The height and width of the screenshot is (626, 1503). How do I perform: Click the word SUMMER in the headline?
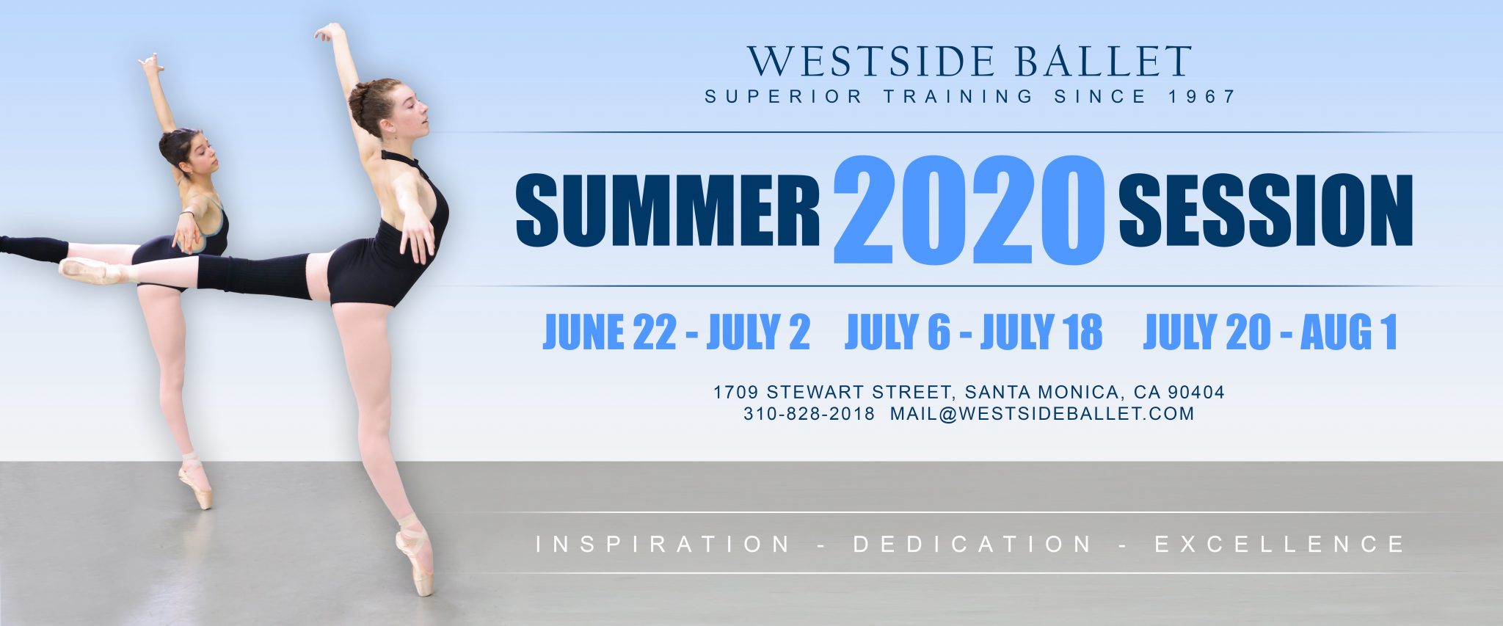[x=668, y=211]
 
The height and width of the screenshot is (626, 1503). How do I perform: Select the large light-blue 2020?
[x=969, y=210]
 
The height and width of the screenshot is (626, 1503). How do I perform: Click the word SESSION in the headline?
[x=1265, y=211]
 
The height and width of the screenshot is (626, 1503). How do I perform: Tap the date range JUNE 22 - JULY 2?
[x=676, y=332]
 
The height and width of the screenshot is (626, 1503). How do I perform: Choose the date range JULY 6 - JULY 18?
[x=974, y=332]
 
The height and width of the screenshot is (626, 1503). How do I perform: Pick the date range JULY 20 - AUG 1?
[x=1270, y=332]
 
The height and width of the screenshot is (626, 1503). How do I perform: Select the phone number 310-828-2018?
[x=809, y=414]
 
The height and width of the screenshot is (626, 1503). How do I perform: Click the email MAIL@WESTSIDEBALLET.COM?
[x=1042, y=414]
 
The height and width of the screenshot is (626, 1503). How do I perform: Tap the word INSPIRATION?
[x=663, y=545]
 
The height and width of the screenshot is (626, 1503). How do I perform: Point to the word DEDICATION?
[x=972, y=545]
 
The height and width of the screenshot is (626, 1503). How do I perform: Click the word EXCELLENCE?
[x=1279, y=545]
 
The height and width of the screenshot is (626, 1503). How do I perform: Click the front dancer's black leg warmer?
[x=254, y=275]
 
